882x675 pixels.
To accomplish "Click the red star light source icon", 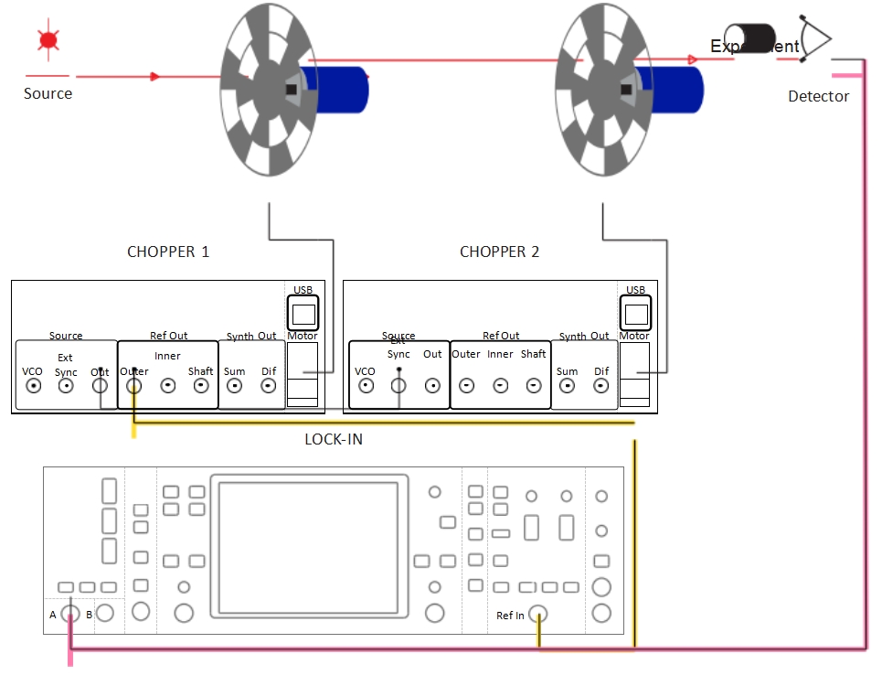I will (48, 40).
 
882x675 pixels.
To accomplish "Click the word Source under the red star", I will (48, 93).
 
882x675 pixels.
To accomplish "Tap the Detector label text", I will (818, 96).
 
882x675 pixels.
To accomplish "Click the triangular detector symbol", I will (815, 39).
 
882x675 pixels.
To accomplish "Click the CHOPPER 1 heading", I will (168, 252).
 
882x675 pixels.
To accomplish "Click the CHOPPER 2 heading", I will (499, 252).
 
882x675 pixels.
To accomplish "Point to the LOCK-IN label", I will (333, 439).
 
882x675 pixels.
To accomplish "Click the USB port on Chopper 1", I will (303, 314).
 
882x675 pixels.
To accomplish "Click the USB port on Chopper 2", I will (635, 314).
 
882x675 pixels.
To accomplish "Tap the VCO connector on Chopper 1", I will (34, 386).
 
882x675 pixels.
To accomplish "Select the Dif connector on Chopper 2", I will (600, 386).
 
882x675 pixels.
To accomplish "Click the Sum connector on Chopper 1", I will (235, 386).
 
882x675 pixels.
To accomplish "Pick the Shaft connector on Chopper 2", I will (534, 386).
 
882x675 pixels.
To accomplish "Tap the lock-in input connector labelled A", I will (69, 614).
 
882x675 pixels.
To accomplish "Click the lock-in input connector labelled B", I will (105, 614).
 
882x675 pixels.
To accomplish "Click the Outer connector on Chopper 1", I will (133, 386).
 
